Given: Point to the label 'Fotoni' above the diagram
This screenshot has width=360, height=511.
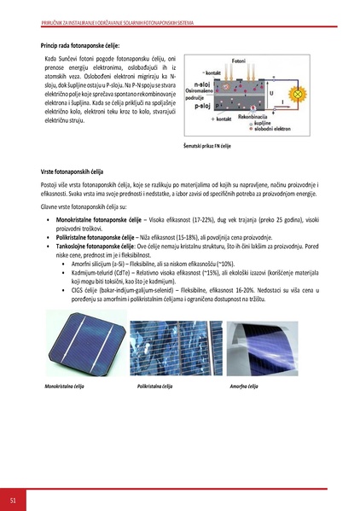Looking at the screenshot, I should (x=241, y=62).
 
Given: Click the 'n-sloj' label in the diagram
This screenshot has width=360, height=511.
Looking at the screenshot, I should (x=203, y=85).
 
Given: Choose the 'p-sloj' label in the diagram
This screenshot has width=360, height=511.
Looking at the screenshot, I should (x=203, y=108).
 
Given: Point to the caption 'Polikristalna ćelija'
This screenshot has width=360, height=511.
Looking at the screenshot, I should (x=154, y=386).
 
